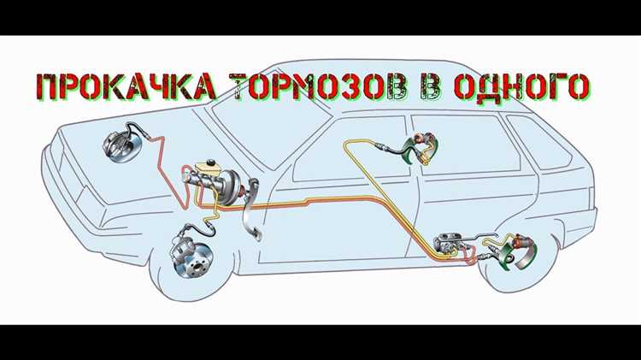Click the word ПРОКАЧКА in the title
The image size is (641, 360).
click(x=126, y=86)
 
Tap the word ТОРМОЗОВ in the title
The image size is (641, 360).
click(x=320, y=86)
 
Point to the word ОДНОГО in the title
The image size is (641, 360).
click(x=522, y=86)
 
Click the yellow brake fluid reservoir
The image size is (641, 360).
click(x=209, y=168)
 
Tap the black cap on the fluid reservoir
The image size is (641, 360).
click(x=211, y=162)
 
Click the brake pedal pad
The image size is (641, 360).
click(x=257, y=234)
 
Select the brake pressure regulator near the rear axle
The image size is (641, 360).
click(x=449, y=245)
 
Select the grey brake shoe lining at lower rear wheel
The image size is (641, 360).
click(x=526, y=257)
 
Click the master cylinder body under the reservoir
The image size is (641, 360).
click(x=199, y=180)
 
